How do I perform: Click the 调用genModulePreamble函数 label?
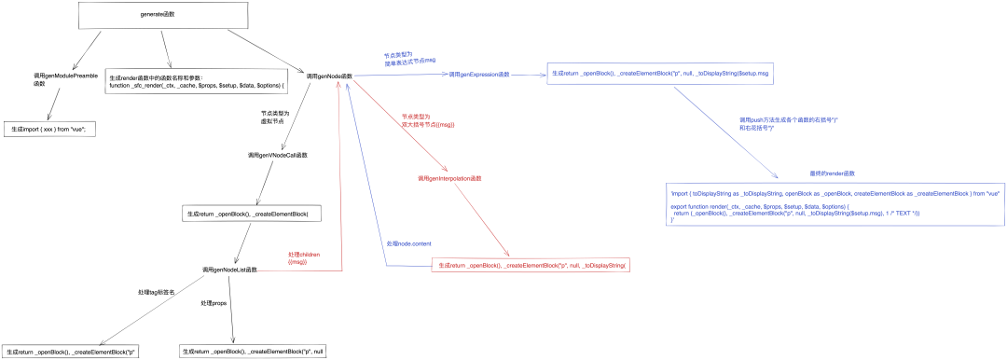click(x=67, y=78)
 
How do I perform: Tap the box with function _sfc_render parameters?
click(x=196, y=81)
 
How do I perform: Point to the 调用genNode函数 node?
click(x=329, y=76)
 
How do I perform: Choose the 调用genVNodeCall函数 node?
click(x=277, y=155)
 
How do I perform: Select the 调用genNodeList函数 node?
click(x=229, y=270)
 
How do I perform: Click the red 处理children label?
click(x=305, y=258)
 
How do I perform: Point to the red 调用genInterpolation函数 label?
click(x=449, y=178)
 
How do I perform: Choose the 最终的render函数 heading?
click(x=833, y=173)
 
